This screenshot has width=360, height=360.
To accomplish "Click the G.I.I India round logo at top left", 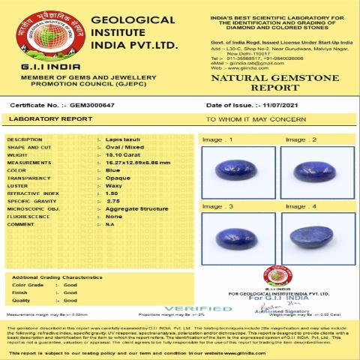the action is click(39, 31).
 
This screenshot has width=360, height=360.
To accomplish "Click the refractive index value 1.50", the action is click(112, 193).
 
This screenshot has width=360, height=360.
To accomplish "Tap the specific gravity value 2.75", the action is click(113, 201).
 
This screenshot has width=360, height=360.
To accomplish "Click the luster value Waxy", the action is click(114, 185).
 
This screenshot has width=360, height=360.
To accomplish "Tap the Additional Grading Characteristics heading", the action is click(57, 277).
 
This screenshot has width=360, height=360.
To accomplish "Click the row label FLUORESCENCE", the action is click(29, 216).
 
